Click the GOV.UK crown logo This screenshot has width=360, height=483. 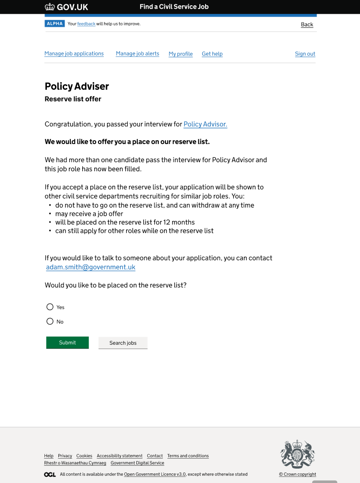click(x=50, y=7)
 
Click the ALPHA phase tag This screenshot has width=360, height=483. click(x=55, y=23)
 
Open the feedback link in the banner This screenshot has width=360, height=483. click(x=86, y=24)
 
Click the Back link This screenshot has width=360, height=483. click(x=307, y=24)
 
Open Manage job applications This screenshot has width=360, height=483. click(x=74, y=54)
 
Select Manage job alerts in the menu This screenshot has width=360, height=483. click(x=137, y=54)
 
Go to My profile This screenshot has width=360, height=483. click(x=181, y=54)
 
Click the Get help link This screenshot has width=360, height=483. click(x=212, y=54)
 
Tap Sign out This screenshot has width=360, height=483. click(x=305, y=54)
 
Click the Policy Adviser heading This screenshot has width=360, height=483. click(x=77, y=86)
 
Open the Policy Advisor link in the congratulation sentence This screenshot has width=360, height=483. click(x=205, y=124)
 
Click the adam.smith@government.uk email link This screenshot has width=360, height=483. click(x=91, y=267)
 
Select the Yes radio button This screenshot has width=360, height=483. click(x=50, y=307)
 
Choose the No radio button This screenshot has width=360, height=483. click(x=50, y=321)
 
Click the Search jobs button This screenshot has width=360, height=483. click(x=123, y=343)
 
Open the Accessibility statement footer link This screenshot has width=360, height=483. click(x=120, y=456)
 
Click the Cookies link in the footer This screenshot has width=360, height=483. click(x=84, y=456)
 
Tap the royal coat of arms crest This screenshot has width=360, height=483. click(x=297, y=453)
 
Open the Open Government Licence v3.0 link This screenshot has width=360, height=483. click(x=155, y=474)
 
